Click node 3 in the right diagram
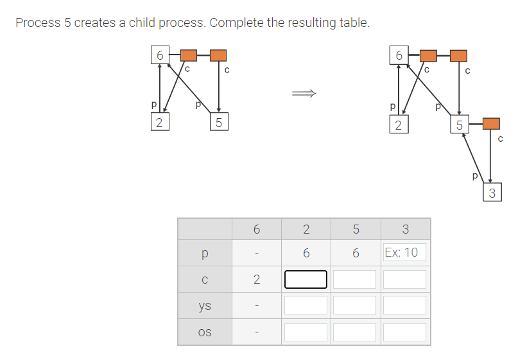tap(492, 193)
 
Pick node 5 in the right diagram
tap(459, 124)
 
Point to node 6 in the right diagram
tap(399, 55)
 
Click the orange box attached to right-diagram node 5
tap(491, 123)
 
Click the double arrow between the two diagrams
tap(304, 94)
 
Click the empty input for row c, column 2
tap(306, 279)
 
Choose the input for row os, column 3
tap(404, 332)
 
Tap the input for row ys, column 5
tap(355, 305)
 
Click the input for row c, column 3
tap(404, 279)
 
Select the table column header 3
tap(404, 228)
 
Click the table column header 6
tap(256, 228)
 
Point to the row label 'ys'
tap(205, 305)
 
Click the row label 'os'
tap(205, 332)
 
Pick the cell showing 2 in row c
tap(256, 279)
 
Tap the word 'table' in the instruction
tap(353, 23)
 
